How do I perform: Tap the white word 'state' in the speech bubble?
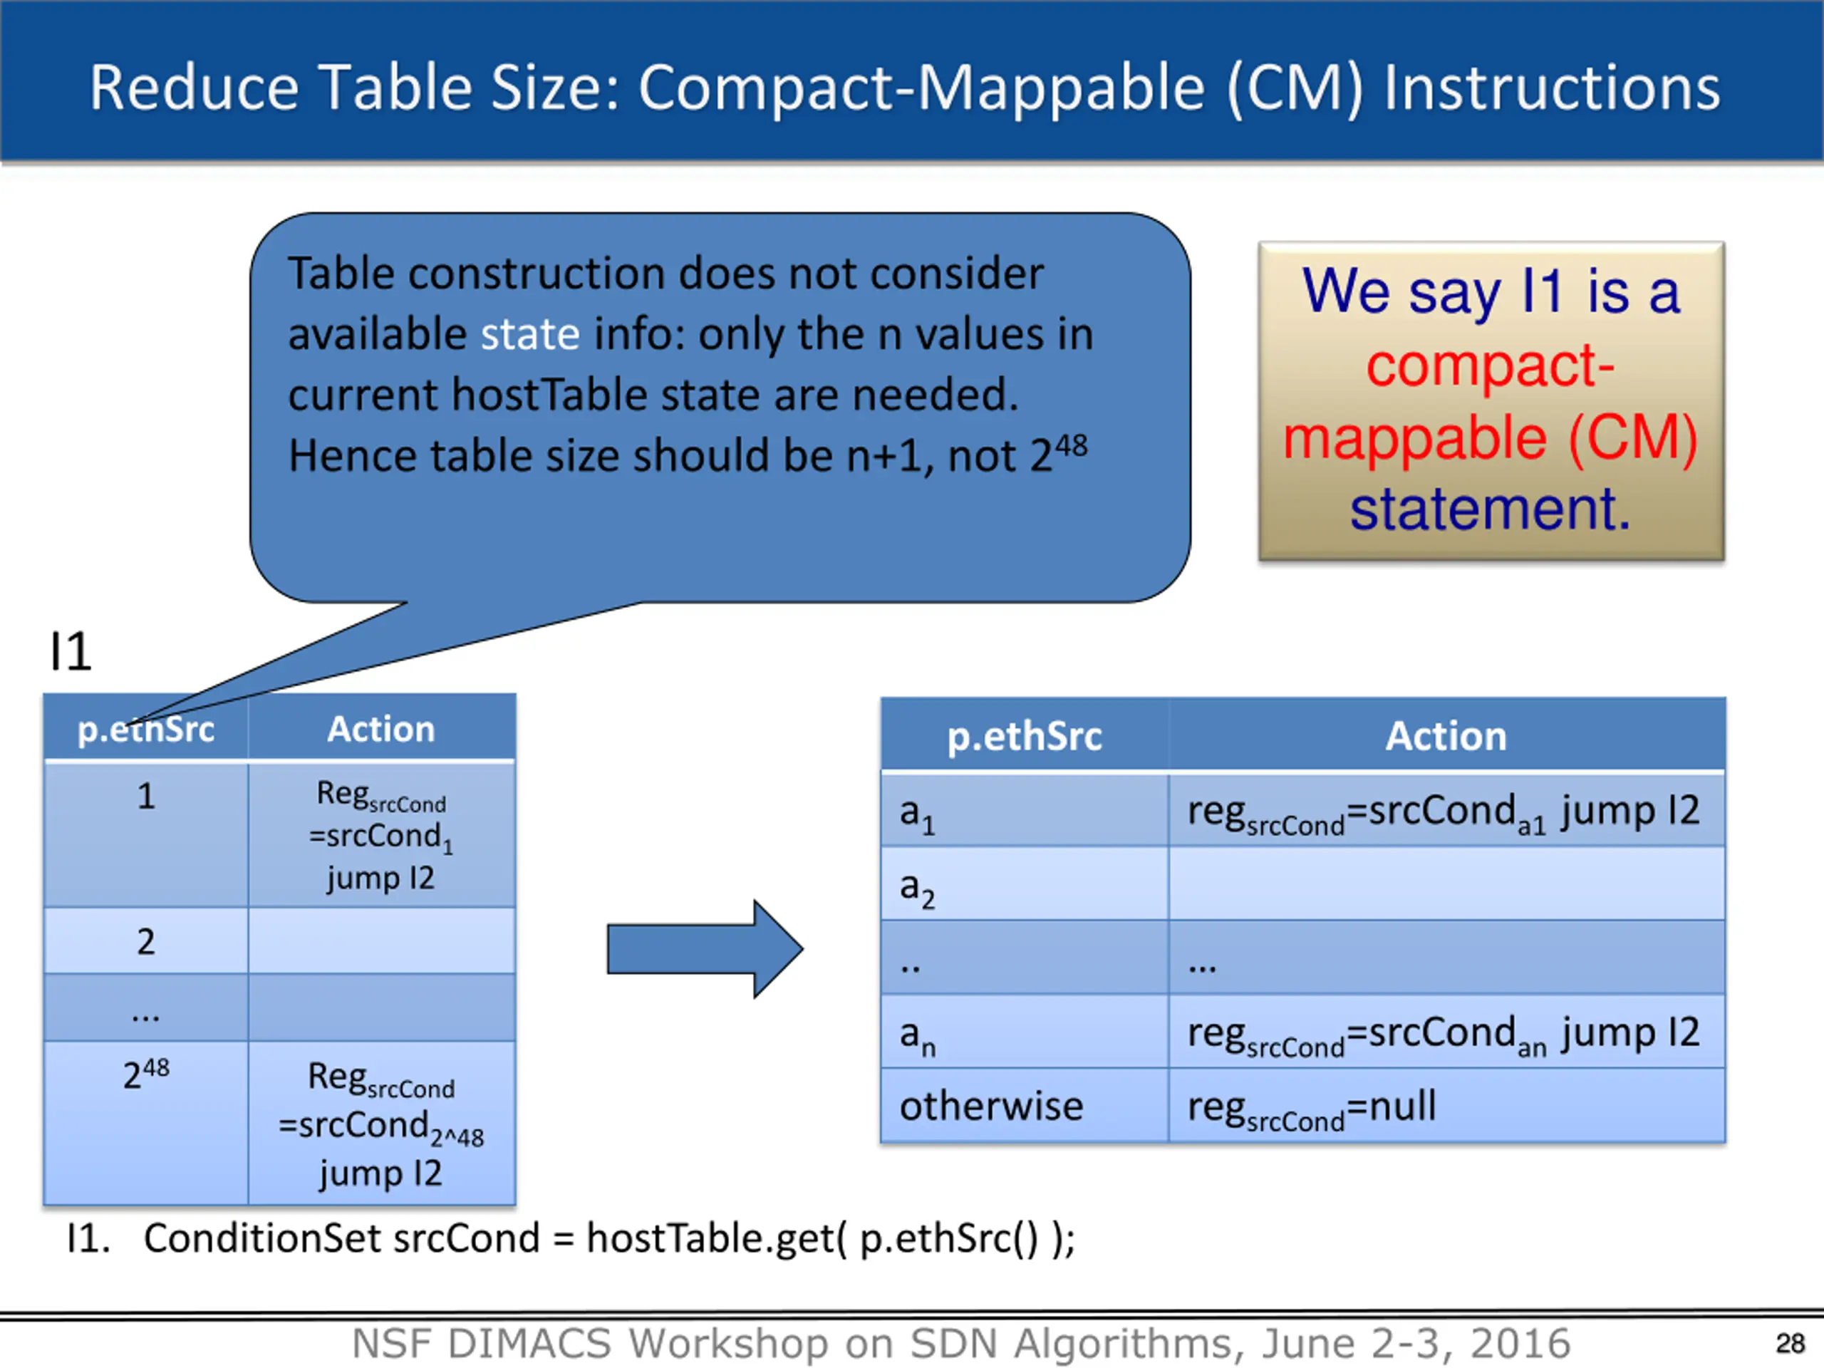coord(530,335)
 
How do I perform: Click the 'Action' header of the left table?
coord(381,729)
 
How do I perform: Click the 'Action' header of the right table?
coord(1446,735)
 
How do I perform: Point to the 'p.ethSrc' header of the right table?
coord(1024,735)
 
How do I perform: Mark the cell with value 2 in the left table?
coord(146,941)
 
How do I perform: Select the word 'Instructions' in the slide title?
coord(1551,88)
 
